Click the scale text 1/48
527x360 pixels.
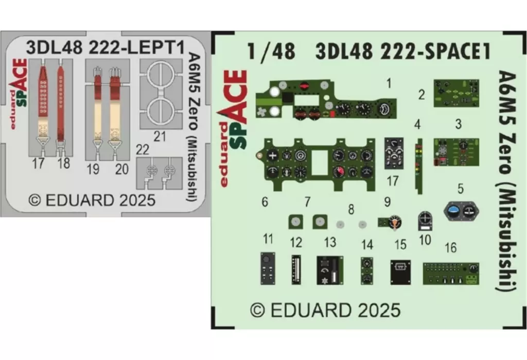pyautogui.click(x=271, y=51)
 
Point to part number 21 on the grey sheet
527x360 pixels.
pyautogui.click(x=160, y=136)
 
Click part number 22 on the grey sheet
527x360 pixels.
pyautogui.click(x=142, y=149)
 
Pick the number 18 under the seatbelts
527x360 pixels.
pyautogui.click(x=64, y=164)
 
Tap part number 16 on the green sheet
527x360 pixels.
pyautogui.click(x=450, y=248)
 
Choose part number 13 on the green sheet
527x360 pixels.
pyautogui.click(x=330, y=242)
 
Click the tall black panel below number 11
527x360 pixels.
pyautogui.click(x=268, y=269)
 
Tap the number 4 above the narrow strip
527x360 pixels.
pyautogui.click(x=417, y=125)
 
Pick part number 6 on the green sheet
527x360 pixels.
pyautogui.click(x=265, y=202)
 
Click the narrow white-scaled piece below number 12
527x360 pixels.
pyautogui.click(x=296, y=269)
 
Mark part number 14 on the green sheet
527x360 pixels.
pyautogui.click(x=367, y=244)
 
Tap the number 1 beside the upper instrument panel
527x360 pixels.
pyautogui.click(x=389, y=82)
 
